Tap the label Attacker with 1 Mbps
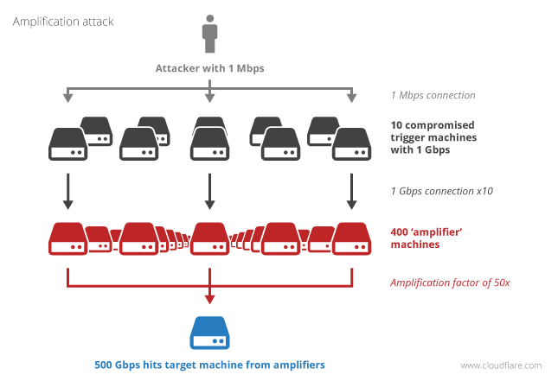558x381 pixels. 209,68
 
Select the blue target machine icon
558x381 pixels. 209,330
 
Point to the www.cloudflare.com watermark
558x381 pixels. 502,365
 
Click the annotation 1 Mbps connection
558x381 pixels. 433,95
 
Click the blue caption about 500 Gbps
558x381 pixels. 209,365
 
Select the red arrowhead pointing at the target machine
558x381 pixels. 209,299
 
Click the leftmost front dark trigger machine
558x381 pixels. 68,144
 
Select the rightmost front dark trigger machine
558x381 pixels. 351,144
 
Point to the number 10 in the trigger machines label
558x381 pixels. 396,124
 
